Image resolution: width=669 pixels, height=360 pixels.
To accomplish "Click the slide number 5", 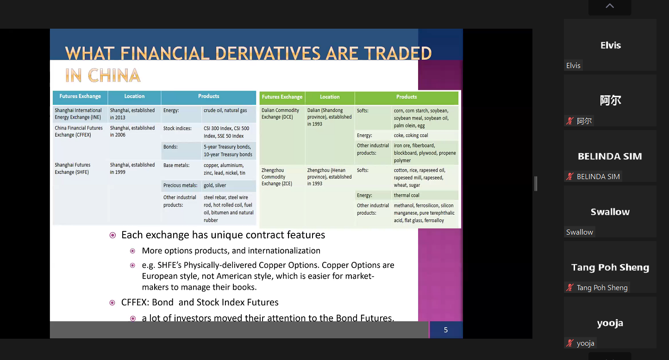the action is tap(445, 330).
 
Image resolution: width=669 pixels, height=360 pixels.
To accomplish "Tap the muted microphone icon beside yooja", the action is tap(570, 343).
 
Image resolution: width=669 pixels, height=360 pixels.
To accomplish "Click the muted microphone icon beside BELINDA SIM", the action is tap(570, 176).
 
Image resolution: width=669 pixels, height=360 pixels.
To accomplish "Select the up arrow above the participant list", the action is tap(610, 6).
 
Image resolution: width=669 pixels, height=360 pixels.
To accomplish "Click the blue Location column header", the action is tap(134, 96).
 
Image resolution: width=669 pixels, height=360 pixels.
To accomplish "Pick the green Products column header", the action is tap(406, 97).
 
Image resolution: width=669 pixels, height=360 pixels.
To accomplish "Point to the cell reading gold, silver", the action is tap(215, 186).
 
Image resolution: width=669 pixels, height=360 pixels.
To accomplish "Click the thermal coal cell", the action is tap(406, 195).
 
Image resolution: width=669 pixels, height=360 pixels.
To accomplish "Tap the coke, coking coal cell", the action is tap(411, 135).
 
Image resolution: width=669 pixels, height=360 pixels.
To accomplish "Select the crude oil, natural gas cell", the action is tap(225, 111).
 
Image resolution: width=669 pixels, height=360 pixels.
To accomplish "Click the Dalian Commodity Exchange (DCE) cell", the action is tap(280, 113).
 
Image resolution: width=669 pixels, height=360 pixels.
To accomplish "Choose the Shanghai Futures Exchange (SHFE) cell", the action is tap(72, 168).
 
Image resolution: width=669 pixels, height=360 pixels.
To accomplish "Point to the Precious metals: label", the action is tap(180, 186).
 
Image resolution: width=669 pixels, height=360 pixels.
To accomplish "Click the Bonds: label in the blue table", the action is tap(170, 147).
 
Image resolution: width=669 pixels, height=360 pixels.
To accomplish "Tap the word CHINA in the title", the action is tap(114, 75).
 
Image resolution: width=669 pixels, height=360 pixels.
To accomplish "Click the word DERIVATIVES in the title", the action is tap(268, 53).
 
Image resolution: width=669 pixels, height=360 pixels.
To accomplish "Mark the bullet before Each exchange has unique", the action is tap(113, 235).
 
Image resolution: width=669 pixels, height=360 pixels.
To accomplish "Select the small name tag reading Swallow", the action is tap(579, 232).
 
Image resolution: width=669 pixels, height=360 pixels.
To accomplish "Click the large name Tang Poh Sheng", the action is tap(610, 267).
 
